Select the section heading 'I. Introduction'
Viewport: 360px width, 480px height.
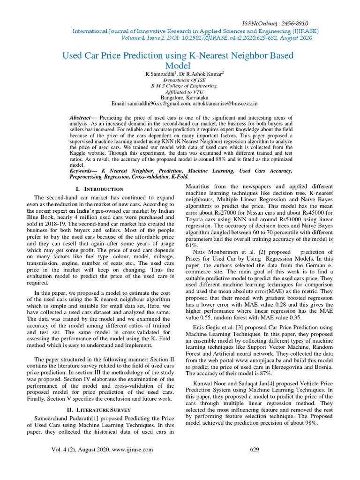point(103,189)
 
